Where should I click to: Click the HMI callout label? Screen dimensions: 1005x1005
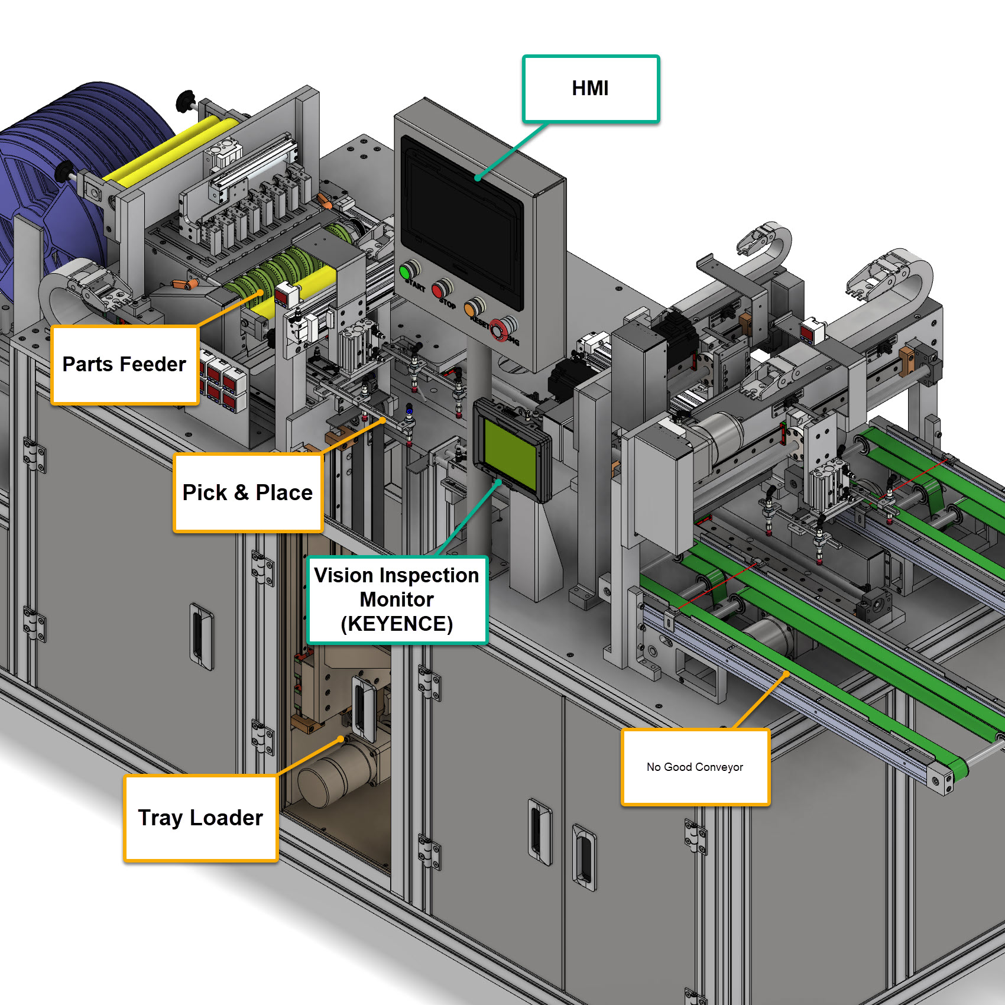[x=591, y=89]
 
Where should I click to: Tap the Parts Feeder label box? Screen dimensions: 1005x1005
[x=124, y=364]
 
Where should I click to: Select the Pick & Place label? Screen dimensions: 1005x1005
[x=248, y=492]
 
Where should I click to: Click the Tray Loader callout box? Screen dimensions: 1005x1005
[x=200, y=818]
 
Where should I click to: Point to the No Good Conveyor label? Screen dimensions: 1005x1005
[x=695, y=767]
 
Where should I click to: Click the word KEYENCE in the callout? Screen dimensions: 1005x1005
[x=397, y=624]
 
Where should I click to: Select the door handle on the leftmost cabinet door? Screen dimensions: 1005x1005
[x=201, y=636]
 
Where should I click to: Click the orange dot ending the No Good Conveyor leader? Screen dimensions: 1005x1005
[x=786, y=674]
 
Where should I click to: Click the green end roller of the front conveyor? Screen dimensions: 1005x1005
[x=958, y=769]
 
